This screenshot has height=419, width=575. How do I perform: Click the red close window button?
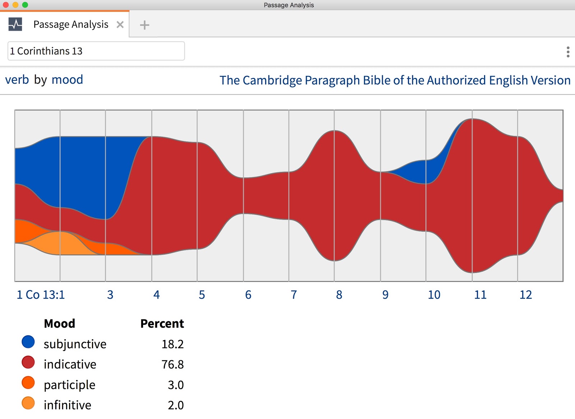(x=5, y=5)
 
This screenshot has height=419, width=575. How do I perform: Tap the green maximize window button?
(x=25, y=5)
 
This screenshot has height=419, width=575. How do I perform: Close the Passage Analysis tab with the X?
(x=120, y=24)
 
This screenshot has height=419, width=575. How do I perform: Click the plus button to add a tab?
(x=144, y=25)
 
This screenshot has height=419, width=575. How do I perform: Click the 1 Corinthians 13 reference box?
(x=96, y=51)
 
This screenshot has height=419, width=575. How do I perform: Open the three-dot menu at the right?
(x=568, y=52)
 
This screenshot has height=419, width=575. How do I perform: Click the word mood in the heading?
(x=67, y=79)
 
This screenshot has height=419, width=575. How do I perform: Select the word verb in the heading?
(x=17, y=79)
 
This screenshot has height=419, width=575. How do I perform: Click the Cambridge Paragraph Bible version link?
(x=395, y=80)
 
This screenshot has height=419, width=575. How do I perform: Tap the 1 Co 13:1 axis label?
(x=41, y=295)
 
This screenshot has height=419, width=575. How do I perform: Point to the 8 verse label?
(x=339, y=295)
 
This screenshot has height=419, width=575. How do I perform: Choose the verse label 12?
(x=525, y=295)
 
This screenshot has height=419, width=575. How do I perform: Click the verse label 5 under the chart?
(x=202, y=295)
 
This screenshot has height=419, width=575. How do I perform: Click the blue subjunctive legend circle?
(x=28, y=342)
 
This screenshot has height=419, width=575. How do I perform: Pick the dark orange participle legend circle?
(x=28, y=383)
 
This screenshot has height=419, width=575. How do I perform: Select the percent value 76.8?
(x=172, y=364)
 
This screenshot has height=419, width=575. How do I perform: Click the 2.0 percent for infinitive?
(x=175, y=405)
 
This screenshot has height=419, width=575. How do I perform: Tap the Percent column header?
(x=162, y=323)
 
